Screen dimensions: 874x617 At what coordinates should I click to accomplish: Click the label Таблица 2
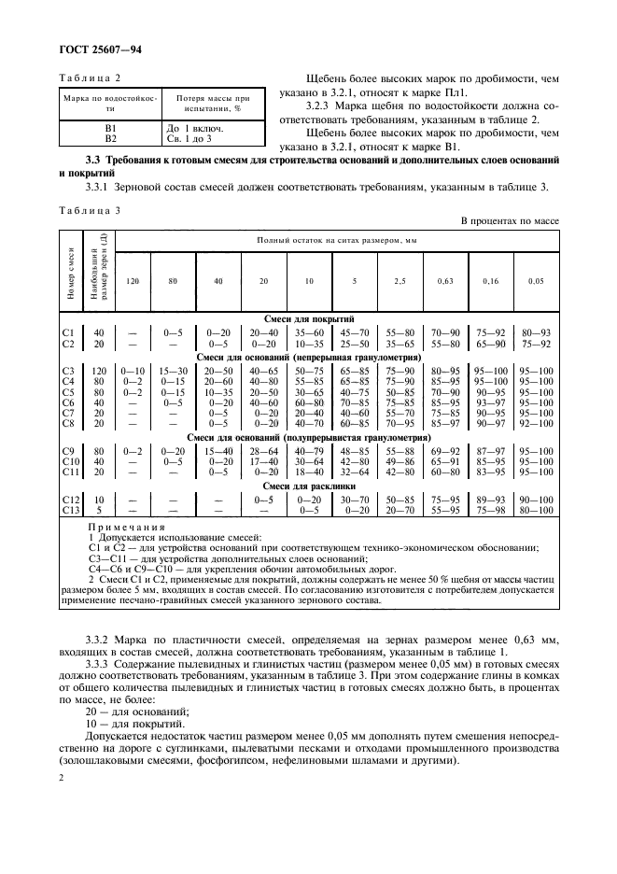[91, 81]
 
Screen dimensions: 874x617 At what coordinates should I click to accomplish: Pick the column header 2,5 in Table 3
[399, 280]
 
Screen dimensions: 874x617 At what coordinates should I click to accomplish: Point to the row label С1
[67, 331]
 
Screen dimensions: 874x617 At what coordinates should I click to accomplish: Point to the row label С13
[67, 511]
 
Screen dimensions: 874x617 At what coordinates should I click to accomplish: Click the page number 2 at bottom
[61, 777]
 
